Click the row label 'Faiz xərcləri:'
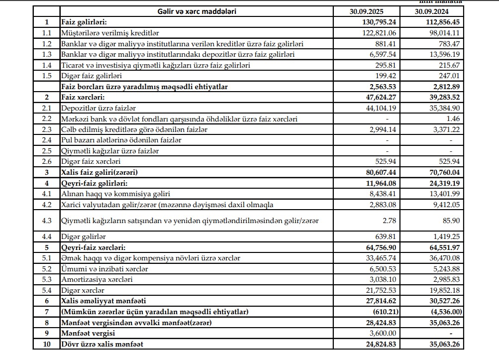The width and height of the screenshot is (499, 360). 83,97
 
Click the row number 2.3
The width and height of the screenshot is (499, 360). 47,129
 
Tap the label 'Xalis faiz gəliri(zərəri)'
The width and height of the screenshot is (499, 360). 99,172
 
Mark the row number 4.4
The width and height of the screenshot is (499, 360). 47,237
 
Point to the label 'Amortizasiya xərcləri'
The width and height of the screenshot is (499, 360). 97,279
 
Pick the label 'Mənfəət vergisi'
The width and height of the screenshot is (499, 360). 87,333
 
